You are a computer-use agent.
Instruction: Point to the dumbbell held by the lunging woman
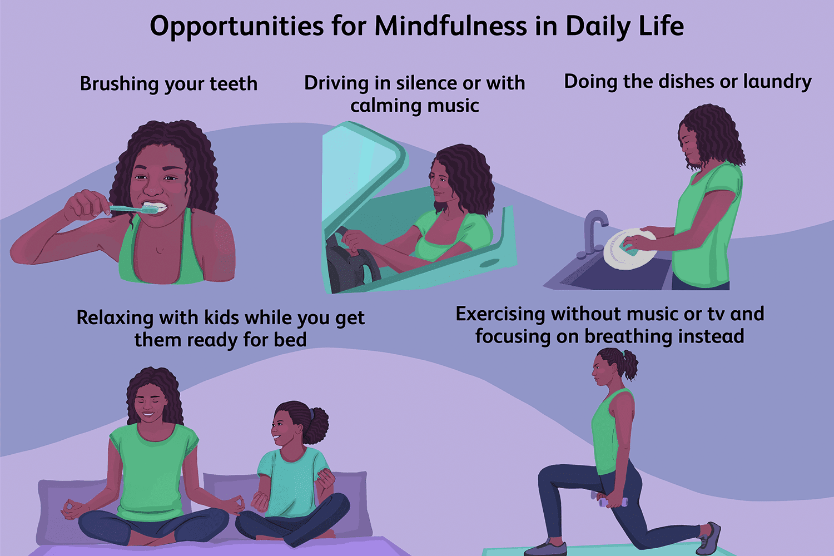click(x=610, y=500)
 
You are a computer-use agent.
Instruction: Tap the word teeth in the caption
click(x=233, y=83)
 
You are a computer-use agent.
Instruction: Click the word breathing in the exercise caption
click(x=628, y=336)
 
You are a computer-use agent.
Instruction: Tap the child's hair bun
click(x=317, y=425)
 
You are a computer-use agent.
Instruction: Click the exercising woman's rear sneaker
click(x=709, y=538)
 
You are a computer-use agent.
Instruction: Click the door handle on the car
click(x=490, y=262)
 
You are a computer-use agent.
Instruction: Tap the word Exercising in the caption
click(x=500, y=314)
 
